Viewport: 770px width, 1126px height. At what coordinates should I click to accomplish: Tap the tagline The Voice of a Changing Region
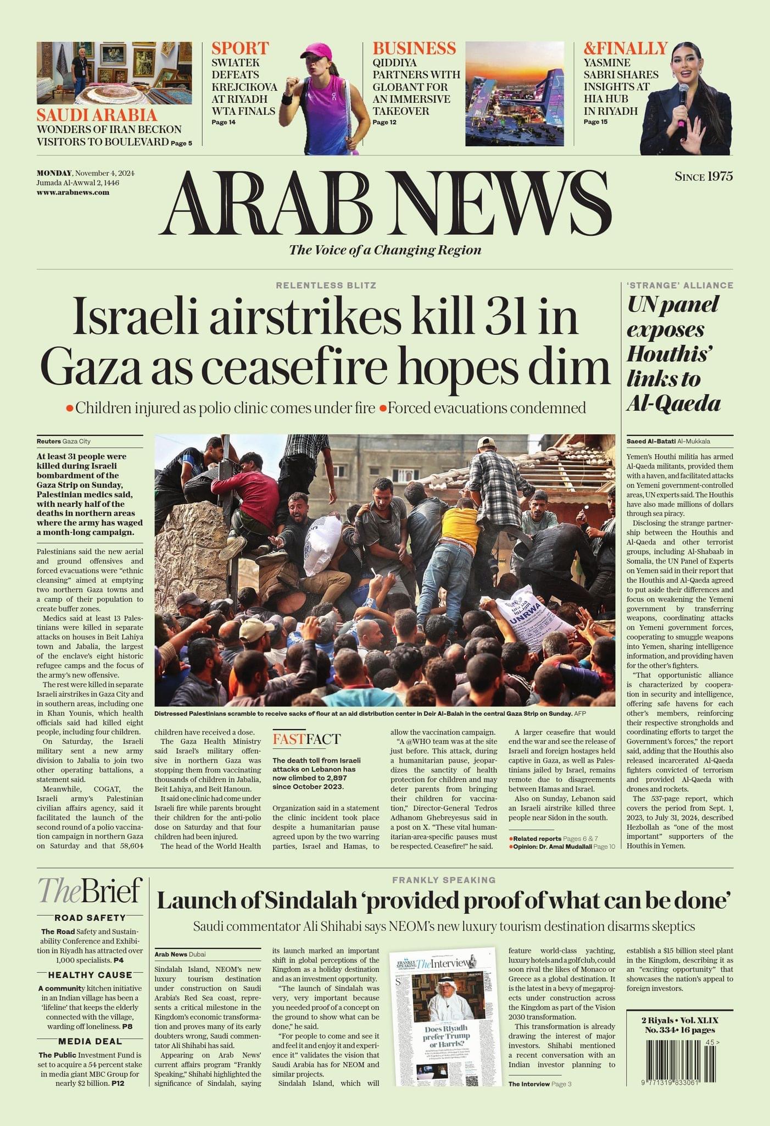(385, 250)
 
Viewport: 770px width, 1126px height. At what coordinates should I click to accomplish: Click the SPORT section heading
(240, 48)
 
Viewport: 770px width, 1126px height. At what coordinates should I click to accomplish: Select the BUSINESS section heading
(414, 48)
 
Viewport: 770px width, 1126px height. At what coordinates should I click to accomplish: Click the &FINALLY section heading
(625, 48)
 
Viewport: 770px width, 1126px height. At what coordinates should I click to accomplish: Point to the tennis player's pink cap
(319, 52)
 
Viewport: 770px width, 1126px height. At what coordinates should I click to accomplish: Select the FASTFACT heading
(306, 739)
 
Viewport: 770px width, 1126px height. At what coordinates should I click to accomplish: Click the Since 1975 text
(704, 176)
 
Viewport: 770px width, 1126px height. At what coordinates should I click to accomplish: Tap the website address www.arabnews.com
(73, 192)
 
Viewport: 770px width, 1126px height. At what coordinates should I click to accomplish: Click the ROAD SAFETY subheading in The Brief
(90, 918)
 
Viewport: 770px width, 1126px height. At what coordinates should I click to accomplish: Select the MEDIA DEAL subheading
(90, 1041)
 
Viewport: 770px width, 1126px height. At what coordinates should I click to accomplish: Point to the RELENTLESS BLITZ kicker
(326, 285)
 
